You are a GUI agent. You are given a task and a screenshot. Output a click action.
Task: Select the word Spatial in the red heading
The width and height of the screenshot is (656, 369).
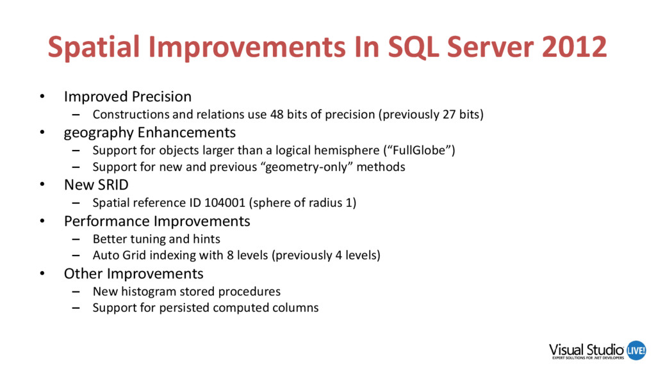point(94,47)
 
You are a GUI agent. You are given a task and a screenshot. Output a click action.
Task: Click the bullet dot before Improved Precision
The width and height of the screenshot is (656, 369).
point(42,97)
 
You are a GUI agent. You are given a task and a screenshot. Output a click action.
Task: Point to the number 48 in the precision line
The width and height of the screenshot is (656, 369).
point(277,114)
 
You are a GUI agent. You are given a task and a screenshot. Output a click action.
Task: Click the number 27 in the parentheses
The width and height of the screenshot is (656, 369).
point(449,114)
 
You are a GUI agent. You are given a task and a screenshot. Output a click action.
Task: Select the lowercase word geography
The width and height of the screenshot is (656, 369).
point(99,133)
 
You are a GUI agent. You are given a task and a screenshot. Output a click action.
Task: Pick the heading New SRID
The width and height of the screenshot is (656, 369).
point(96,185)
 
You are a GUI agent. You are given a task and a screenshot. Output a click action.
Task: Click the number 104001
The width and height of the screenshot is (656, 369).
point(225,203)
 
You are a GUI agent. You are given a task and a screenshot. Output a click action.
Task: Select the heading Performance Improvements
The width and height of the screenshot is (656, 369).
point(157,221)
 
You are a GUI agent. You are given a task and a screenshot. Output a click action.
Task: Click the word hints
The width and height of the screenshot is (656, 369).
point(206,239)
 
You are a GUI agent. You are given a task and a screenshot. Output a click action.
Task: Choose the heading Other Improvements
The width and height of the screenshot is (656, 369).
point(133,274)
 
